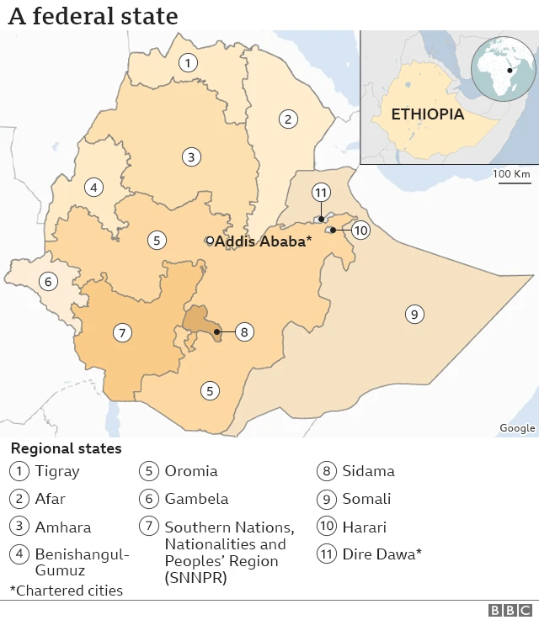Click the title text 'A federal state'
point(93,16)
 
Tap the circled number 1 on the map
point(188,62)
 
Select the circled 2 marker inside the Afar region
point(288,119)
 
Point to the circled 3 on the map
point(192,156)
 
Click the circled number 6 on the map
point(49,282)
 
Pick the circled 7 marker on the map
point(123,333)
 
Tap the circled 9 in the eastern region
point(414,315)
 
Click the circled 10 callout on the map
point(360,230)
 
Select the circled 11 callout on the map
point(320,193)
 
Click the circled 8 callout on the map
point(243,331)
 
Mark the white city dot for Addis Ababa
point(210,241)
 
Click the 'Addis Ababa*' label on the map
point(264,241)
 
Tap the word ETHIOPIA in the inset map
point(427,114)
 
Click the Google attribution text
point(517,428)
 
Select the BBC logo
point(510,611)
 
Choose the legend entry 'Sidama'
point(368,471)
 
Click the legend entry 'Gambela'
point(196,499)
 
